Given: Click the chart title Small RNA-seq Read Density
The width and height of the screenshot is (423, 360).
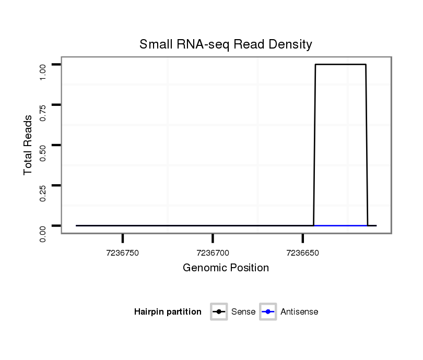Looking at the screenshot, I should tap(226, 44).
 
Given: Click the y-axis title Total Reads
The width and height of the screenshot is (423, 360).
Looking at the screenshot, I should tap(29, 145).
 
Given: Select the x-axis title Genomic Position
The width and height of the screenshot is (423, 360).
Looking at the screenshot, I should tap(226, 268).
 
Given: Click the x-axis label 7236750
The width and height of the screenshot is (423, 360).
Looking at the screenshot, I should tap(122, 253).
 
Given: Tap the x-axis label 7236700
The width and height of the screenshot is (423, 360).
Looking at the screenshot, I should tap(213, 253).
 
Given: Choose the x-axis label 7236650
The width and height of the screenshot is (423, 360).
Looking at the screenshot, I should tap(302, 253).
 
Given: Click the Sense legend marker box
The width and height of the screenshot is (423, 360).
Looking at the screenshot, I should tap(219, 312).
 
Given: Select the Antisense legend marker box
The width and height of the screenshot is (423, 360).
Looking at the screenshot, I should tap(267, 312).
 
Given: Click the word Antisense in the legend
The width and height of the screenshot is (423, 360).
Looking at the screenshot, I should tap(299, 312).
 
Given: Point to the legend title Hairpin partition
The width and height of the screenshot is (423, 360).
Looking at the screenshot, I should tap(168, 312).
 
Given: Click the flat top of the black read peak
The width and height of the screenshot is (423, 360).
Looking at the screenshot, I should tap(340, 65).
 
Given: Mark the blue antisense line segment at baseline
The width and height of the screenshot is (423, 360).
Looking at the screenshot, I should tap(340, 225).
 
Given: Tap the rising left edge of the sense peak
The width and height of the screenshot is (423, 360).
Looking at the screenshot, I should tap(314, 146).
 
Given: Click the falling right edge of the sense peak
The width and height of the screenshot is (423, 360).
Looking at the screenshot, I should tap(367, 146).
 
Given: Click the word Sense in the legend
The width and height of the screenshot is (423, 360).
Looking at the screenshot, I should tap(243, 312).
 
